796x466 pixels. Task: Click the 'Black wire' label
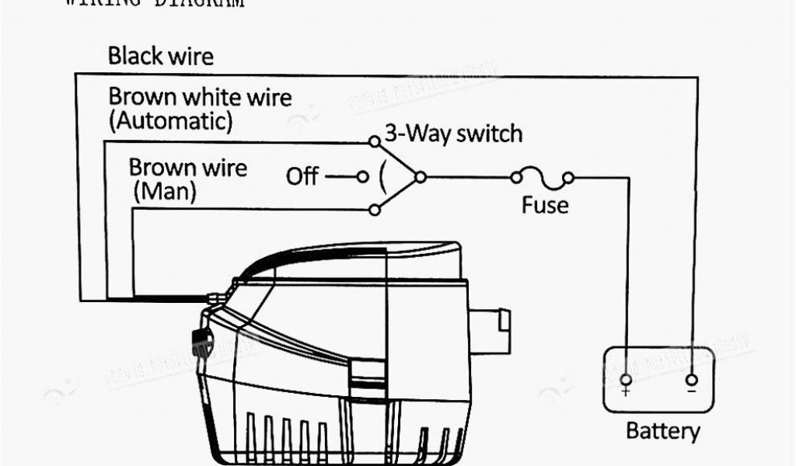[x=160, y=56]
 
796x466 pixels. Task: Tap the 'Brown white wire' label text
[x=200, y=98]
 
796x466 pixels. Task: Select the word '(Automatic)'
[x=170, y=121]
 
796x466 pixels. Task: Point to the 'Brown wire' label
[x=188, y=168]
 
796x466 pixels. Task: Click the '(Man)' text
[x=164, y=191]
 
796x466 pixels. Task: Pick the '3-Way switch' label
[x=454, y=134]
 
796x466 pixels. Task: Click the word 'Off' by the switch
[x=302, y=177]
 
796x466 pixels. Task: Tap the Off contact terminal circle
[x=361, y=177]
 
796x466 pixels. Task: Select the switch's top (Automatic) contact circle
[x=374, y=141]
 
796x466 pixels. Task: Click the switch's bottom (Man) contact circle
[x=374, y=210]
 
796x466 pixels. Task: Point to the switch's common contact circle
[x=420, y=177]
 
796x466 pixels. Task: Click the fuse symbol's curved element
[x=542, y=180]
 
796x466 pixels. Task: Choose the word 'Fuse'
[x=544, y=206]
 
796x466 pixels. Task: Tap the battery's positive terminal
[x=626, y=381]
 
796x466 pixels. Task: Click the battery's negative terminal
[x=691, y=381]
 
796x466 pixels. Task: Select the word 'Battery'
[x=663, y=432]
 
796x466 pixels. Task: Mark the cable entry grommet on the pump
[x=213, y=297]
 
